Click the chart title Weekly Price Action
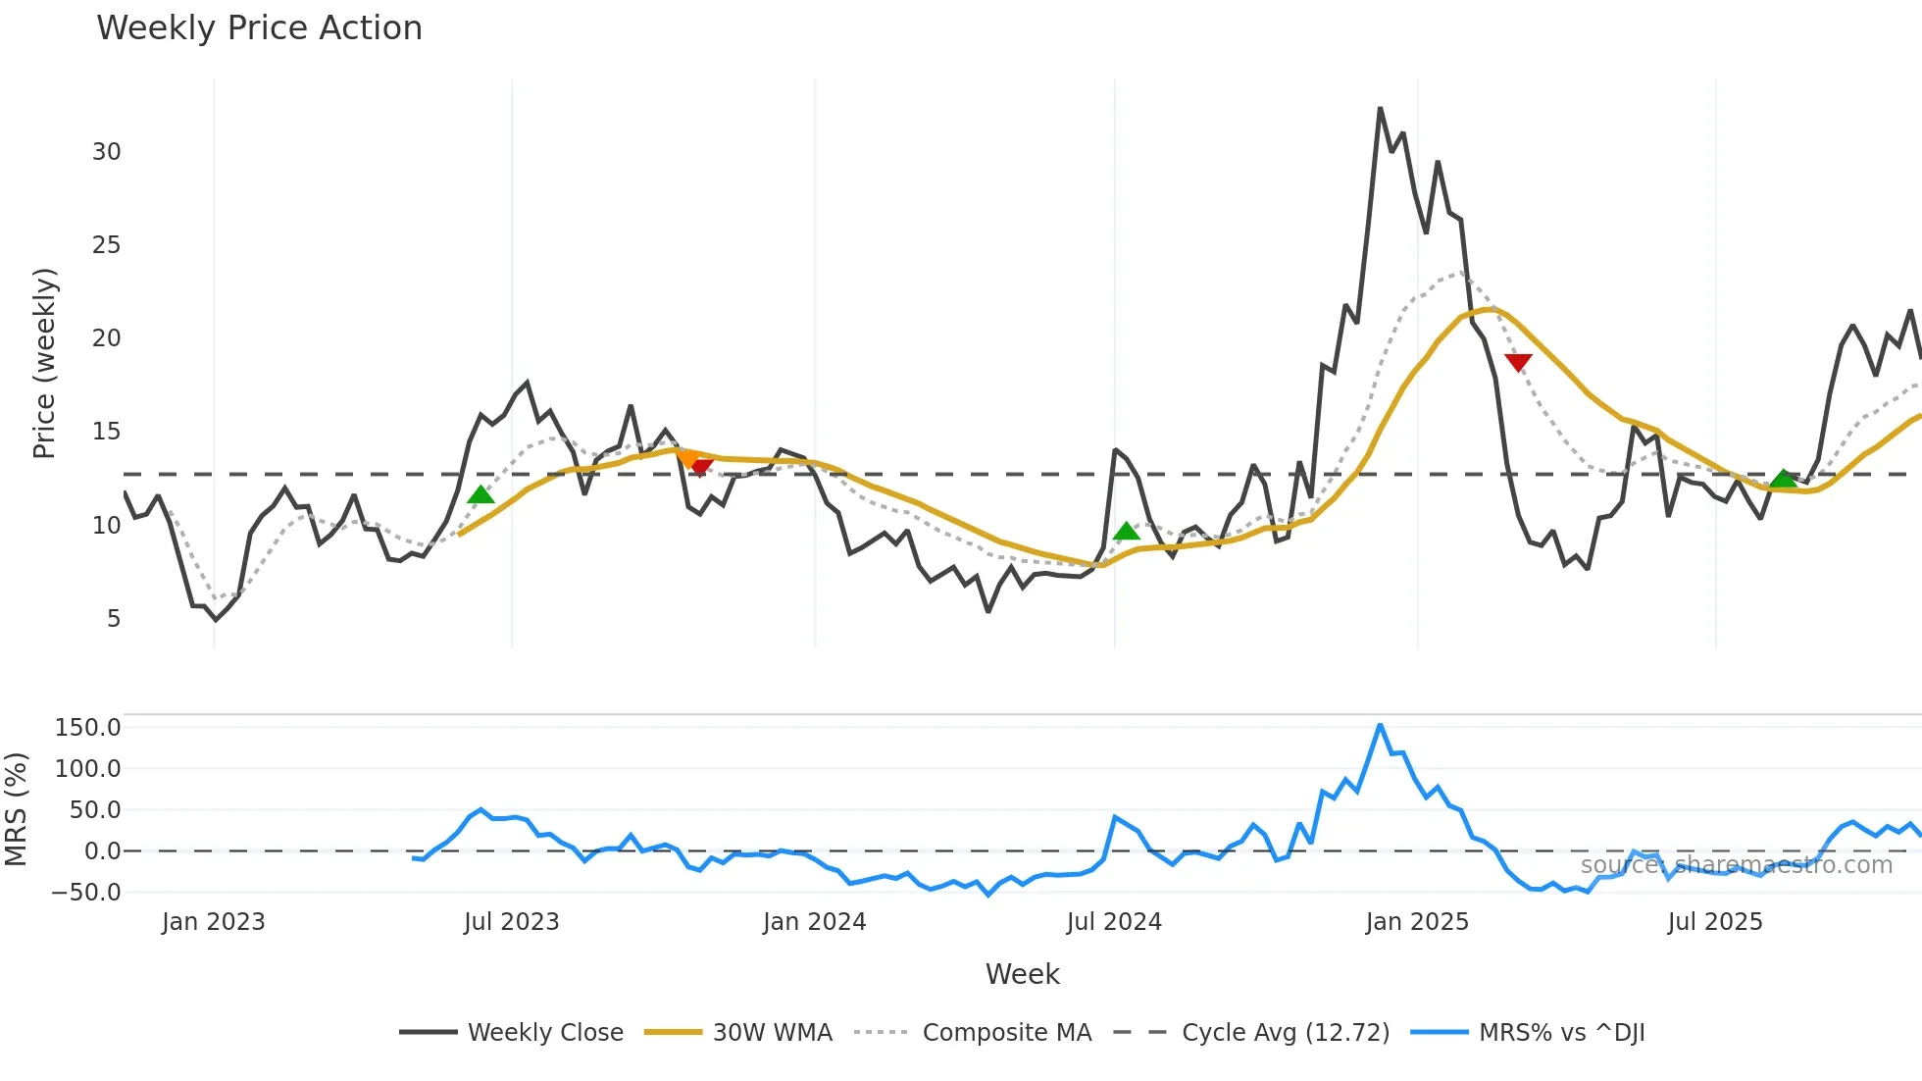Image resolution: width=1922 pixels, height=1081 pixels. (259, 28)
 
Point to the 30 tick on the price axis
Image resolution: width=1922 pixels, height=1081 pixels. (107, 152)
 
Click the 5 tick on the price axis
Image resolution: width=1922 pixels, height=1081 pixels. (114, 619)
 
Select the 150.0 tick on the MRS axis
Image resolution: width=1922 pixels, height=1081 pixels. (88, 728)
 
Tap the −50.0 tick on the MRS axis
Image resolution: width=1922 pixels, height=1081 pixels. (86, 893)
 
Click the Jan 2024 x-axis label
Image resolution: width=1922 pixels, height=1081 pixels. (814, 922)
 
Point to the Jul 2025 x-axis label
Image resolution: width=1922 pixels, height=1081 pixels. (1714, 922)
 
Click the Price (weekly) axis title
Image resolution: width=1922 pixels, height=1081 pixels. (45, 363)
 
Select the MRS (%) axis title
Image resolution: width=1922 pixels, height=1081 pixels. (16, 809)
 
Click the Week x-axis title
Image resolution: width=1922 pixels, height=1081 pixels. (1022, 974)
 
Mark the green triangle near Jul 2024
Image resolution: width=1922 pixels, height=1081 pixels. (1127, 532)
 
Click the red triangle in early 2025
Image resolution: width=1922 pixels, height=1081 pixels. (1518, 363)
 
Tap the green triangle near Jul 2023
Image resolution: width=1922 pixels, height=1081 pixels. (480, 494)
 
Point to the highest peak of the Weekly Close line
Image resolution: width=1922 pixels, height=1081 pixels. (1380, 109)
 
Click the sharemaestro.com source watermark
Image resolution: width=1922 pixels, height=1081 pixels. (1736, 865)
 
